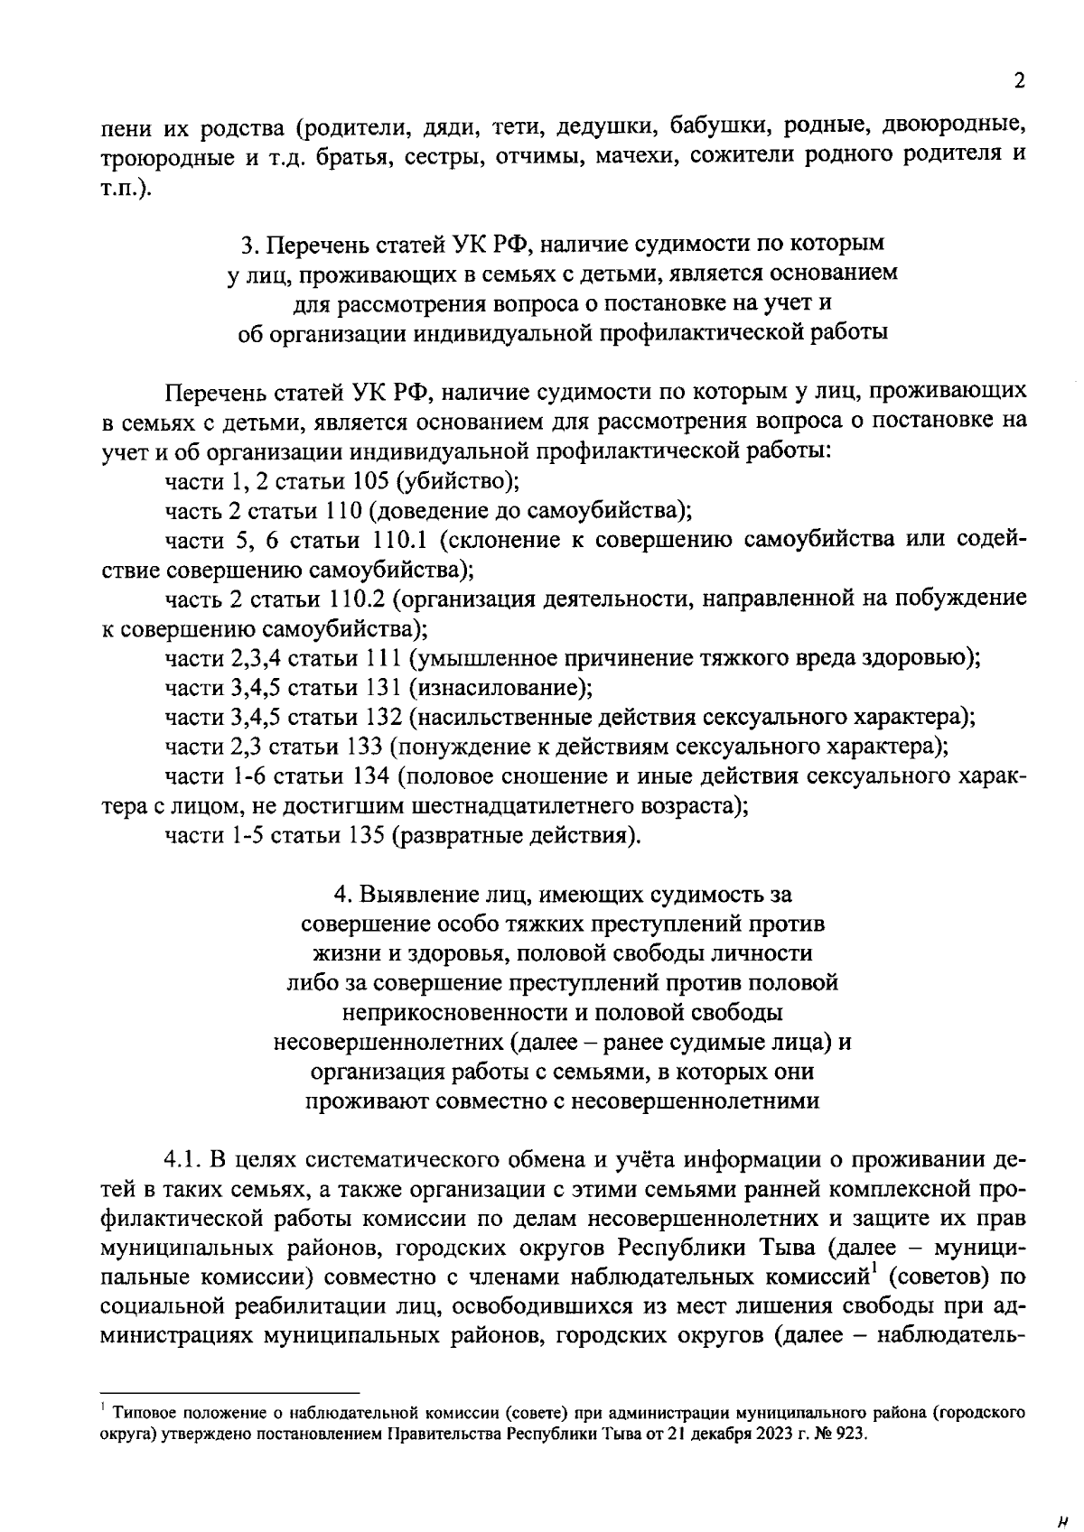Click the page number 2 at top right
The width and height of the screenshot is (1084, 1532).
(1020, 81)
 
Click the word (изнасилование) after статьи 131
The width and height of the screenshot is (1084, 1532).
(501, 688)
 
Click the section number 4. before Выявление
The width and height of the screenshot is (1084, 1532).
(342, 894)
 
